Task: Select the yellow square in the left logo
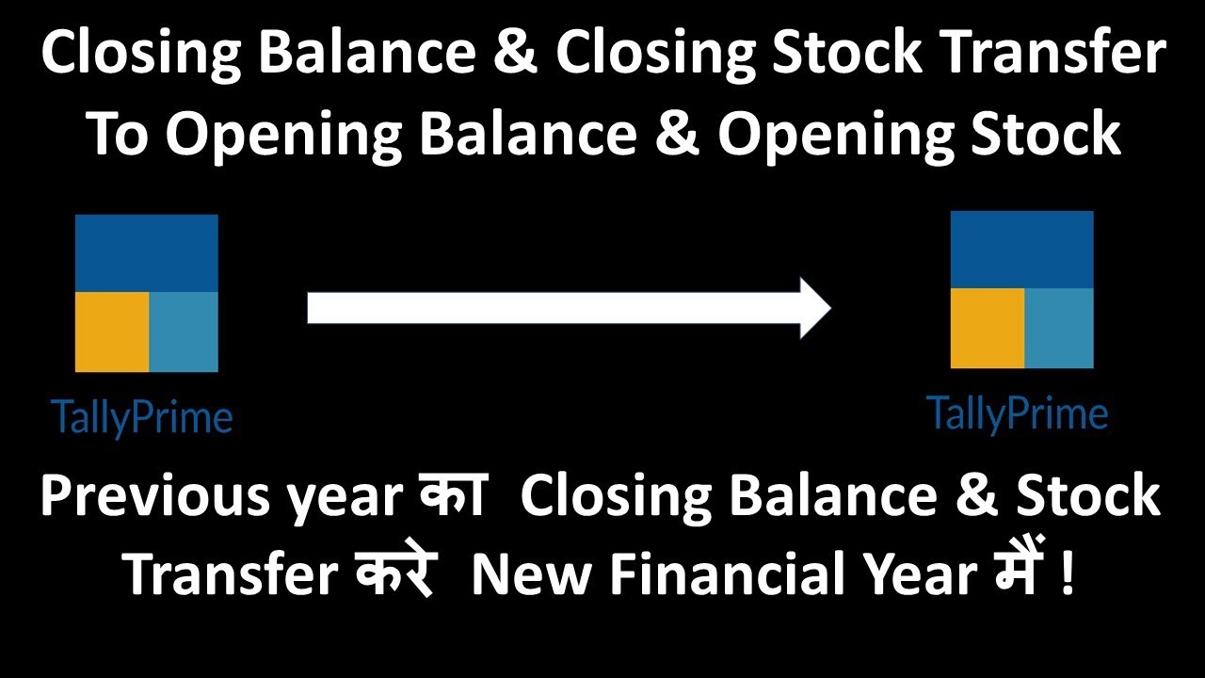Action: point(112,331)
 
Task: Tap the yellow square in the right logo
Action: point(988,328)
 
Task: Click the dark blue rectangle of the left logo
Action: point(147,252)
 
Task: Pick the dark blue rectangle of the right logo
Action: point(1022,249)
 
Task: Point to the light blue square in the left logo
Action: point(184,331)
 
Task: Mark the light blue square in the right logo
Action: point(1059,328)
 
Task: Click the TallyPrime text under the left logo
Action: point(142,417)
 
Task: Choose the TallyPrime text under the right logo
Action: point(1018,413)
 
